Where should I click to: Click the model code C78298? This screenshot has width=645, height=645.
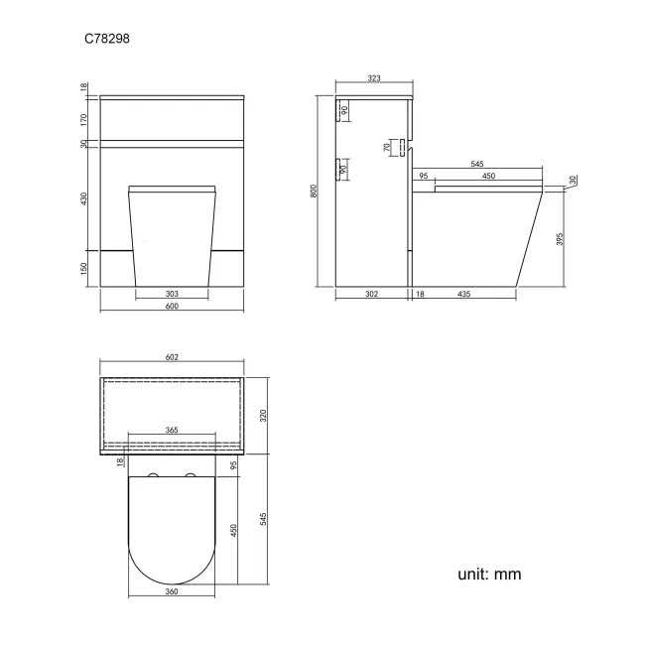point(105,40)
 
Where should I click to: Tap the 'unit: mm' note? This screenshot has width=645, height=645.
point(488,574)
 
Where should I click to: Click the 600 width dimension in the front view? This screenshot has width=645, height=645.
point(171,307)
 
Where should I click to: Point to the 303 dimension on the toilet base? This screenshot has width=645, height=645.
point(171,294)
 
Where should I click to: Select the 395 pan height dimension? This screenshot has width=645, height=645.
point(561,239)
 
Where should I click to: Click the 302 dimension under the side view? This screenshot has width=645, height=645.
point(372,294)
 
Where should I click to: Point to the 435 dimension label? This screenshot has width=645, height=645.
point(464,294)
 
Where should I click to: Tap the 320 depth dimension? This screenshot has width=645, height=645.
point(263,416)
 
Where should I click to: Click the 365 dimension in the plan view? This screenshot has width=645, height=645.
point(171,431)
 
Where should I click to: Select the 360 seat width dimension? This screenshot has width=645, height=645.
point(171,591)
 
